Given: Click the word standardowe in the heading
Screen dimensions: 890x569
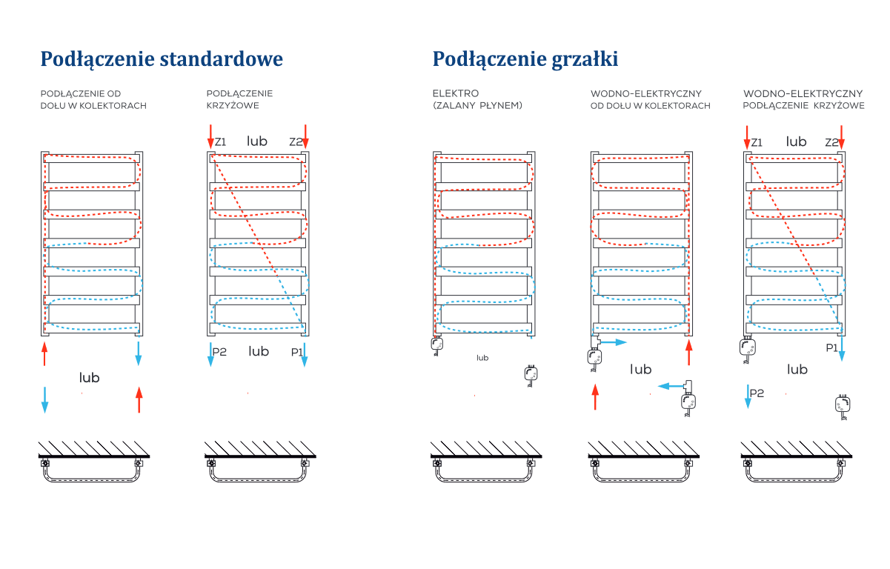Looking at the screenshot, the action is (222, 59).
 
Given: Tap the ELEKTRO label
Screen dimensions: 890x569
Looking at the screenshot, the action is (455, 93).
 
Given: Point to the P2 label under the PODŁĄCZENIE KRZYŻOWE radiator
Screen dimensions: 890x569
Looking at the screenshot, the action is (219, 352).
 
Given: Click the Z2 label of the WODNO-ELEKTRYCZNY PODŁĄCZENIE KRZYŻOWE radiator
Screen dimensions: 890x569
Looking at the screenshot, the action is (831, 142).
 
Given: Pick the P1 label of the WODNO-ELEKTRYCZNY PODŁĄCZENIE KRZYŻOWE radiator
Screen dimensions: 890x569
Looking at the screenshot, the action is (831, 347).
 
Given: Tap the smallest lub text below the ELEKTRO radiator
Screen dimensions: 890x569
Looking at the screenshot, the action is (482, 358).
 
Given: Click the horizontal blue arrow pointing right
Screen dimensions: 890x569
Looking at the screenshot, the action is (612, 342).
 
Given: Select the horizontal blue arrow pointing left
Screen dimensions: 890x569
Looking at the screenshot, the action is (671, 386).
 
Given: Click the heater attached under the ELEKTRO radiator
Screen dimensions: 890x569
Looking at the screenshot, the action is (436, 346).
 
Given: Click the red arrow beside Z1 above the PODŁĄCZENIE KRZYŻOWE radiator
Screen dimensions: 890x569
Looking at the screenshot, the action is (210, 136).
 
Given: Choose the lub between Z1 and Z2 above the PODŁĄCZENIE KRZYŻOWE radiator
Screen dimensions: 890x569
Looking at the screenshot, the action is (257, 141).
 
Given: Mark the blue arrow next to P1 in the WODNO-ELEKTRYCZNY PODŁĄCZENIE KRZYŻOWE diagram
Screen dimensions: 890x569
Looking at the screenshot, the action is (842, 348).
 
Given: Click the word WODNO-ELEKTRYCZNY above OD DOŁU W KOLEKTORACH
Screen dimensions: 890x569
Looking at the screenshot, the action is (646, 94).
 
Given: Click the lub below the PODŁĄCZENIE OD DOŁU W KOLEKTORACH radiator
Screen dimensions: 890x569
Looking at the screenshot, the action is (90, 377).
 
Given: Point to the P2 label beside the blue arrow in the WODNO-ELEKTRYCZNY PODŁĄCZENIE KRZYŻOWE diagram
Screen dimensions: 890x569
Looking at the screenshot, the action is (757, 393).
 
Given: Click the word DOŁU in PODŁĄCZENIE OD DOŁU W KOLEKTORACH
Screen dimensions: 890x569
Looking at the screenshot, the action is (53, 106).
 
